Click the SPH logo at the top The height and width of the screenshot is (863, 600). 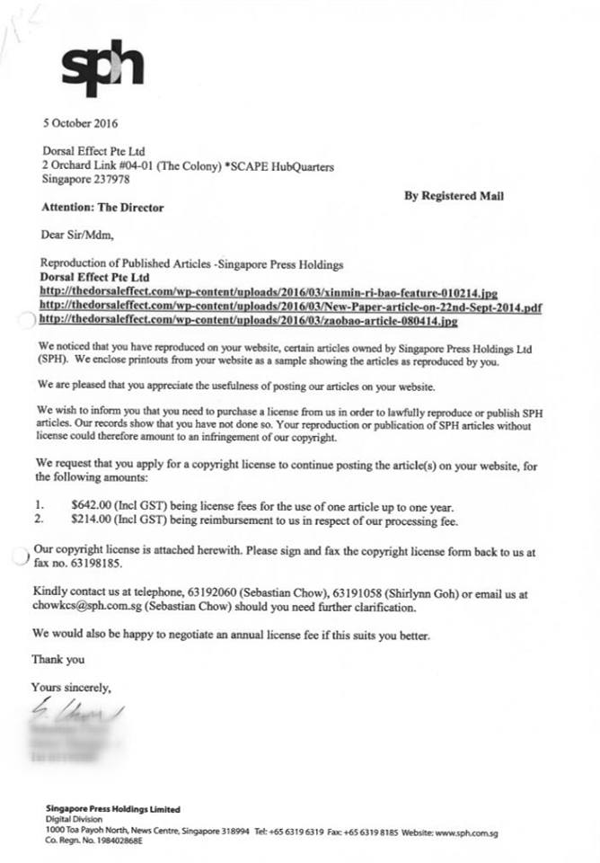click(101, 69)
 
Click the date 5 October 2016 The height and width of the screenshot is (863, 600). click(80, 123)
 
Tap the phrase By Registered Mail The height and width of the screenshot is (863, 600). click(454, 196)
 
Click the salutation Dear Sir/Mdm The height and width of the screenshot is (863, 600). click(77, 236)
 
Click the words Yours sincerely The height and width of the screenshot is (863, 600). click(71, 688)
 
